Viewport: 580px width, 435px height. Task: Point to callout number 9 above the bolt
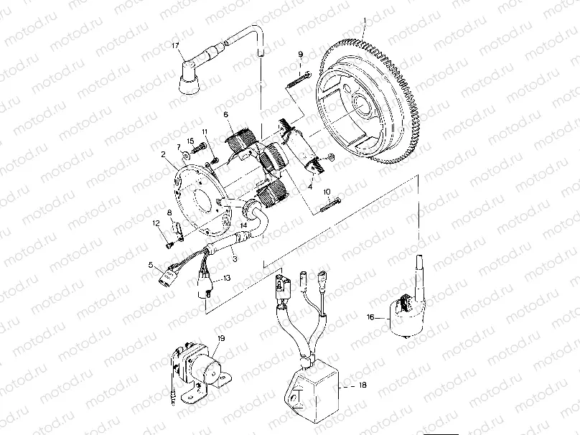(x=301, y=55)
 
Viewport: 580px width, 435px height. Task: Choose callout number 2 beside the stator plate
(x=164, y=154)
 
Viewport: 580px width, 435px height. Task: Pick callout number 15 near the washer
(x=191, y=140)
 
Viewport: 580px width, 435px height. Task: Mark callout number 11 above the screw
(x=205, y=131)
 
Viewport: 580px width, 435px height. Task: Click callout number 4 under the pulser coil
(x=309, y=187)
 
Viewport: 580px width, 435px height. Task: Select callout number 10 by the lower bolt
(x=327, y=192)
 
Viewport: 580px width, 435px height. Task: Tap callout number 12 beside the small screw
(x=154, y=224)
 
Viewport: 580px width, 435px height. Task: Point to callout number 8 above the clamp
(x=169, y=213)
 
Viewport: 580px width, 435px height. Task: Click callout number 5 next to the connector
(x=151, y=265)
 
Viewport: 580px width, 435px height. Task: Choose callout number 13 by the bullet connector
(x=226, y=277)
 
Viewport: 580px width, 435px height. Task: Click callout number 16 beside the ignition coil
(x=370, y=316)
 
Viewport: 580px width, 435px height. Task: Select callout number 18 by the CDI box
(x=362, y=385)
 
